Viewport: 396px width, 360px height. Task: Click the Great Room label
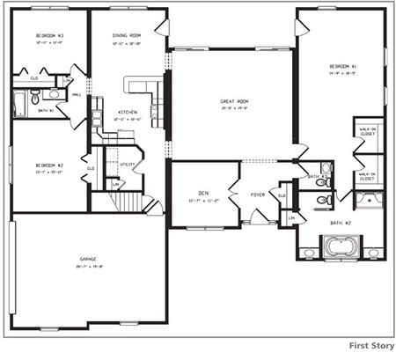[x=232, y=102]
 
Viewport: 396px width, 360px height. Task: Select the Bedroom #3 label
[x=49, y=35]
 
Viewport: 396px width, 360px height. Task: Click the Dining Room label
[x=127, y=35]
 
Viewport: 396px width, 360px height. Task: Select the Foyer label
[x=259, y=195]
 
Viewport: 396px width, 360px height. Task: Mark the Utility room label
[x=127, y=164]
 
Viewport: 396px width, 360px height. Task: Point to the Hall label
[x=77, y=94]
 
